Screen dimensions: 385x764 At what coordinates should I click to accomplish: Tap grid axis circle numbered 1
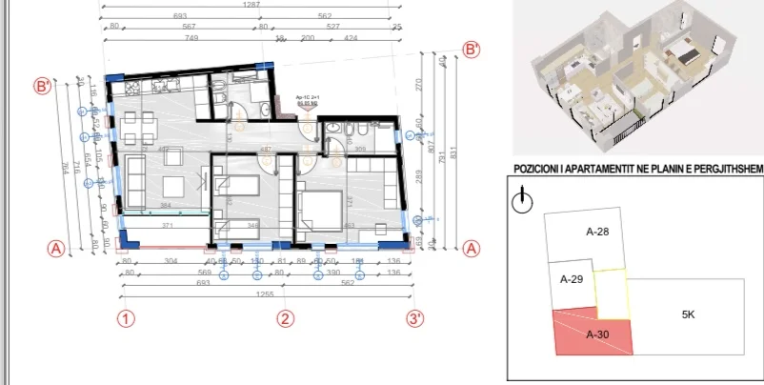tap(126, 318)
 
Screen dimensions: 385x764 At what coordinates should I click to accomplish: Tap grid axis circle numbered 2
tap(283, 318)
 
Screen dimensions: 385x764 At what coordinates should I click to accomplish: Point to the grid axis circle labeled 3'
tap(414, 318)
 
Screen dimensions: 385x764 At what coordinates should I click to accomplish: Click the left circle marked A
tap(55, 248)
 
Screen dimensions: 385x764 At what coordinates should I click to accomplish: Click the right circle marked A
tap(471, 248)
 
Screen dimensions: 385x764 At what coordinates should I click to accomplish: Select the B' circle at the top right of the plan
tap(471, 50)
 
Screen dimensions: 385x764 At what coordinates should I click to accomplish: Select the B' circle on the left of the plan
tap(42, 87)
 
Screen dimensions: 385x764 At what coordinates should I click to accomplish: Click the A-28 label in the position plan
tap(597, 231)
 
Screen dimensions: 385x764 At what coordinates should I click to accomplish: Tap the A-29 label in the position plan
tap(572, 279)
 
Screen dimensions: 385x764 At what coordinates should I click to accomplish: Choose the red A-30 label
tap(597, 334)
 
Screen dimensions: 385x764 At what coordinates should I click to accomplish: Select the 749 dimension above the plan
tap(186, 39)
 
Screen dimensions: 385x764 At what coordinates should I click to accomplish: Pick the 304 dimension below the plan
tap(171, 260)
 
